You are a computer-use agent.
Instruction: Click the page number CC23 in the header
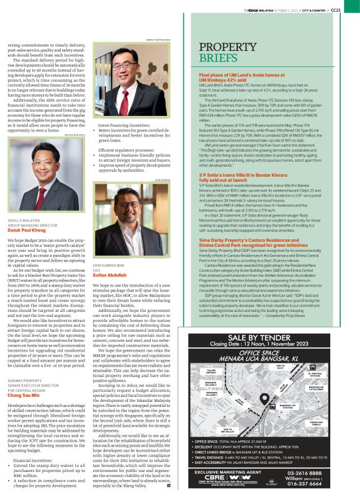[x=351, y=10]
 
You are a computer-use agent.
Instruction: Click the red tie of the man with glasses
[x=124, y=73]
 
